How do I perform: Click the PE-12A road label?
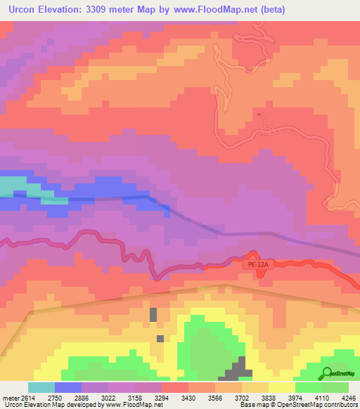[257, 265]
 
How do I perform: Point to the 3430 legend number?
[189, 398]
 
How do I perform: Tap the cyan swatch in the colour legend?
[41, 387]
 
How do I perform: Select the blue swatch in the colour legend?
[67, 387]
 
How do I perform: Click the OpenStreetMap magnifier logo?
[327, 373]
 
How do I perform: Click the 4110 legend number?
[321, 398]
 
